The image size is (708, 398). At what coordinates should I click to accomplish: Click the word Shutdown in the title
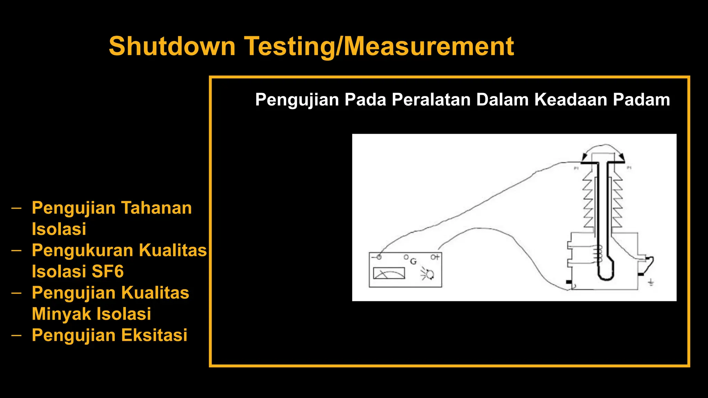tap(172, 46)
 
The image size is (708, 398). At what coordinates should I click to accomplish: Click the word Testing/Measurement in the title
tap(379, 46)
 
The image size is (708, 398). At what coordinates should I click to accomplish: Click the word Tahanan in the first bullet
tap(156, 208)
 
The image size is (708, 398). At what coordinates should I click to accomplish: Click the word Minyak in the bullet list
tap(61, 314)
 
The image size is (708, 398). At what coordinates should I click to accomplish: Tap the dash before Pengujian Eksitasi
tap(16, 335)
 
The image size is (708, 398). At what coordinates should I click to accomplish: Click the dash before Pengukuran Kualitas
tap(16, 250)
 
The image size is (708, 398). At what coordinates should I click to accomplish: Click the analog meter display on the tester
tap(389, 273)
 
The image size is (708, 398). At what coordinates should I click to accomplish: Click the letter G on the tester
tap(413, 262)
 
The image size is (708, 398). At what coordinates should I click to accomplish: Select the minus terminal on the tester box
tap(378, 257)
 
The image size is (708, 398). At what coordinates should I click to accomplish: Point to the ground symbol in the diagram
tap(651, 283)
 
